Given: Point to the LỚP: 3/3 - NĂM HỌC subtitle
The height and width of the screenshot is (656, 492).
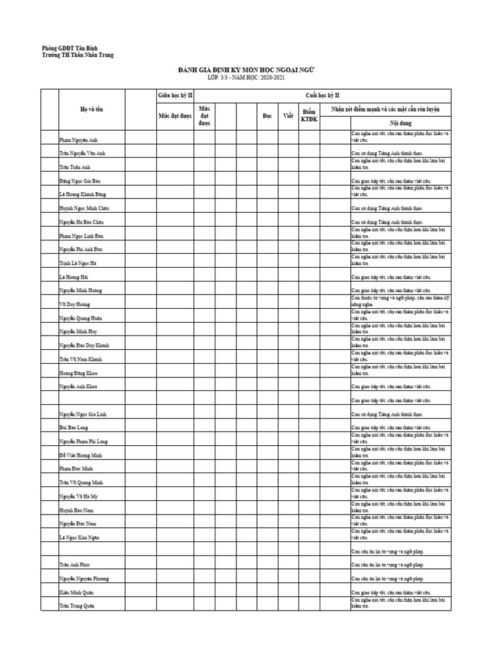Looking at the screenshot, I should click(x=246, y=78).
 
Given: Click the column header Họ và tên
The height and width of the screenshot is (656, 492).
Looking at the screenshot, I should click(x=91, y=110).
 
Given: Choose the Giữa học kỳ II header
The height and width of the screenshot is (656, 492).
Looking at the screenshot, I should click(x=176, y=95).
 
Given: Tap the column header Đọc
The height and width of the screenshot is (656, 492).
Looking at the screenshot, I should click(x=267, y=116).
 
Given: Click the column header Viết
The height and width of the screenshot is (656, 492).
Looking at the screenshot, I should click(x=288, y=116).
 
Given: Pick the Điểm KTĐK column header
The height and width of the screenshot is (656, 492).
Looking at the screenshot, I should click(x=309, y=116).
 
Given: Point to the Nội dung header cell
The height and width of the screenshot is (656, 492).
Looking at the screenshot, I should click(x=400, y=122).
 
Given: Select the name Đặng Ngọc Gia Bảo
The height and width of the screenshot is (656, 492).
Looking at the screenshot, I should click(x=80, y=181).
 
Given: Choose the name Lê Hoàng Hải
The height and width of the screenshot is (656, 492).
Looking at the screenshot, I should click(x=74, y=277).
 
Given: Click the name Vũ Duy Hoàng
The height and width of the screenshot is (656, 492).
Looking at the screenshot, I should click(x=76, y=305).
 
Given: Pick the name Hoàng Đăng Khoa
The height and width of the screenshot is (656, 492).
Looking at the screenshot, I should click(x=79, y=373).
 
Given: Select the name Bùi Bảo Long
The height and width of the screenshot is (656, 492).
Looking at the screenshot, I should click(x=74, y=427).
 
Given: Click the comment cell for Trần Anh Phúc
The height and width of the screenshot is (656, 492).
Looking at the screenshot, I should click(x=400, y=565).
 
